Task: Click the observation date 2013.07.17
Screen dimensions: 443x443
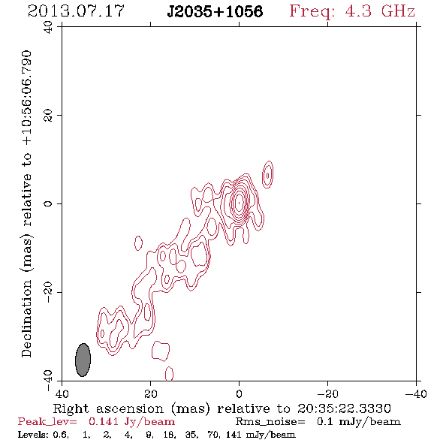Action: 76,11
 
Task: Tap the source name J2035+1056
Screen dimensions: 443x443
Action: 215,11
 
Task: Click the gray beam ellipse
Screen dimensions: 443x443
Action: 83,360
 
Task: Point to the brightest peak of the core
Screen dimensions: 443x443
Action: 240,203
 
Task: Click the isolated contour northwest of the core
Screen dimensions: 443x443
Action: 267,175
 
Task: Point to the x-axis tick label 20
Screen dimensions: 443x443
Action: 151,393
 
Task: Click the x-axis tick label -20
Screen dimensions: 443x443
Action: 327,393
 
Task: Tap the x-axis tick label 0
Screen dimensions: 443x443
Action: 239,393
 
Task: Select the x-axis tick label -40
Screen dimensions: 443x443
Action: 416,393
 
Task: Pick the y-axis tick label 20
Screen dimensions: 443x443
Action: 48,116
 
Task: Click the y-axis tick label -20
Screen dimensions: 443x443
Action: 48,292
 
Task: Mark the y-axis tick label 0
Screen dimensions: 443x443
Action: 48,203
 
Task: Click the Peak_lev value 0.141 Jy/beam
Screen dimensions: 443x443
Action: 131,422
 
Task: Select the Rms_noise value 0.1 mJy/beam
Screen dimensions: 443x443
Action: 359,422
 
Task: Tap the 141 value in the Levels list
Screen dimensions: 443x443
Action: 234,435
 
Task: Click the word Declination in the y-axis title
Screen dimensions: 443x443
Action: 26,318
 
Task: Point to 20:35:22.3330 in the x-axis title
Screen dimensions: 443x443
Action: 344,408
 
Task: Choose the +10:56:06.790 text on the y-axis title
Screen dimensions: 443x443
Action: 26,98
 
